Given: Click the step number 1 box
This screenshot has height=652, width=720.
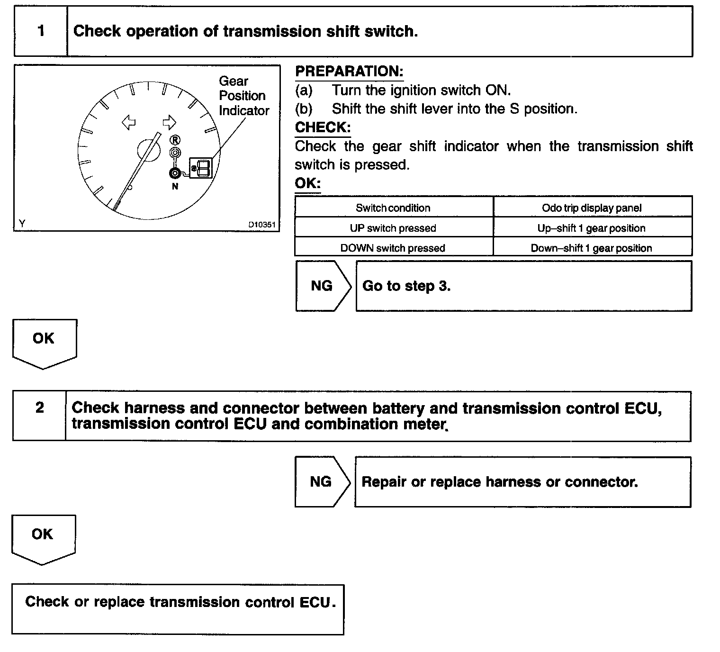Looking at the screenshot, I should pos(41,31).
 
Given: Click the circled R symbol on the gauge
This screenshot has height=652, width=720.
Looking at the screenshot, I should pos(175,140).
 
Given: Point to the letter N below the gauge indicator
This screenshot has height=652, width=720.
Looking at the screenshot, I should pos(175,187).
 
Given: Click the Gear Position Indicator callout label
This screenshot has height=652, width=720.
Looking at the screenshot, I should pos(243,96).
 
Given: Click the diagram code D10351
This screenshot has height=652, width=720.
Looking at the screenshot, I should pos(262,225).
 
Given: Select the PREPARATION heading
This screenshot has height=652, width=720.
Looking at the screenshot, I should pos(349,72).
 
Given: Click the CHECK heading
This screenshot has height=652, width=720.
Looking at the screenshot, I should pos(323,127).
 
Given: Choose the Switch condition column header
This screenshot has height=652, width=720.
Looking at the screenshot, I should pos(393,208).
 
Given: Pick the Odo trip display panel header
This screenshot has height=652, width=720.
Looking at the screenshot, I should pos(592,208).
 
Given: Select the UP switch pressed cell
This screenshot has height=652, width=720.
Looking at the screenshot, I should pos(393,228).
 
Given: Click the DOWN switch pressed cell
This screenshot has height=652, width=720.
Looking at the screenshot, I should pos(393,248).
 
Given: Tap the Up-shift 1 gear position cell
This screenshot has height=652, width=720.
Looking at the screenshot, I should pos(592,228).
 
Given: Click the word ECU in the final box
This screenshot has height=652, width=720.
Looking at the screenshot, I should pos(315,602).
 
